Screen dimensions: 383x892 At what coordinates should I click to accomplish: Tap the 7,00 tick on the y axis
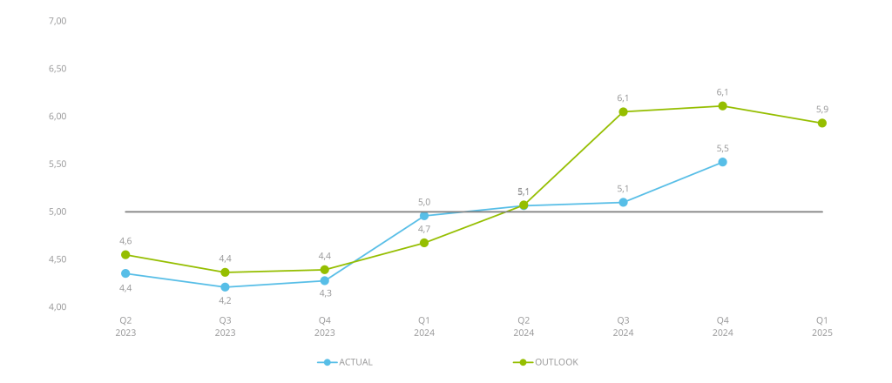point(58,20)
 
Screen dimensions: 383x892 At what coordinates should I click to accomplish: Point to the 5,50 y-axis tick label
point(58,164)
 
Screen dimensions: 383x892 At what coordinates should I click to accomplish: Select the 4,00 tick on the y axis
point(58,307)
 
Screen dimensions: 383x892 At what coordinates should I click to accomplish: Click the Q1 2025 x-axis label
point(822,326)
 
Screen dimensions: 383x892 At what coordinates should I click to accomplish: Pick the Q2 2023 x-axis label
point(125,326)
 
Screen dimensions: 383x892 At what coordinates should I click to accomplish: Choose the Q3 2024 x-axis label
point(623,326)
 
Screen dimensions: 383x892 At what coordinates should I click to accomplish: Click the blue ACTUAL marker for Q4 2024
point(722,162)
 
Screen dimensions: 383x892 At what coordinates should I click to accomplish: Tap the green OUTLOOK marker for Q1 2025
point(822,124)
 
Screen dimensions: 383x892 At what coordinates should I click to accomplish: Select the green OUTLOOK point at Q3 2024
point(623,111)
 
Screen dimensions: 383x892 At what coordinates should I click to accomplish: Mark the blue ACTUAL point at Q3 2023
point(225,286)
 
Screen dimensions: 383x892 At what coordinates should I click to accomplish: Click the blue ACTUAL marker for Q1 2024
point(424,216)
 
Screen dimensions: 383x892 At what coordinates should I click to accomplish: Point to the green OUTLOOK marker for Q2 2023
point(125,255)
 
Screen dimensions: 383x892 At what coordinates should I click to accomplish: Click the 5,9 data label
point(822,109)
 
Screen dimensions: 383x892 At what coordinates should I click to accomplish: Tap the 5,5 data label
point(722,148)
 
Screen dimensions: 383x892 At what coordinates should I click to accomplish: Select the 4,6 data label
point(125,240)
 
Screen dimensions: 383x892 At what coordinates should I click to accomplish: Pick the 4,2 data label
point(225,300)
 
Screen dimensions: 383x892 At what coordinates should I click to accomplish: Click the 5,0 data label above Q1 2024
point(424,202)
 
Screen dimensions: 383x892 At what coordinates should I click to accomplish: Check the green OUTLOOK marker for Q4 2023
point(325,270)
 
